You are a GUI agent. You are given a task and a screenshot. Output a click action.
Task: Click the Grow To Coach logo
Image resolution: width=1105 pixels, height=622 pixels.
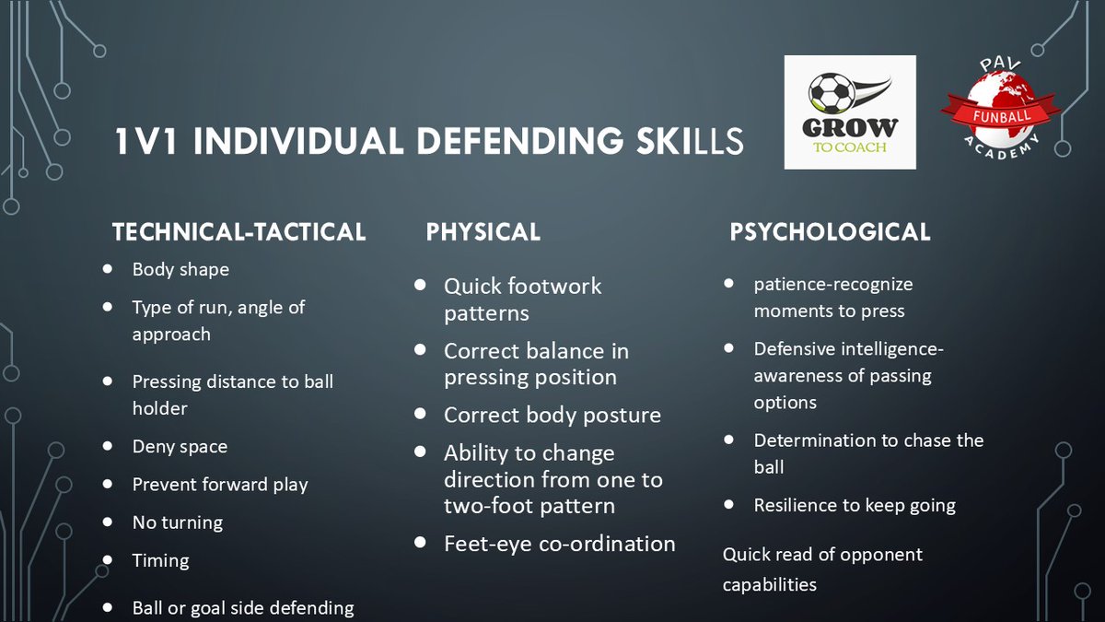[850, 112]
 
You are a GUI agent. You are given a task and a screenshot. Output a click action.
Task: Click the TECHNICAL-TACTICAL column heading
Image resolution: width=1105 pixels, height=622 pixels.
[238, 232]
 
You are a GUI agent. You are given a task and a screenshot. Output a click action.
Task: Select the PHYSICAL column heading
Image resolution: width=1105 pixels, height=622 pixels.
[483, 232]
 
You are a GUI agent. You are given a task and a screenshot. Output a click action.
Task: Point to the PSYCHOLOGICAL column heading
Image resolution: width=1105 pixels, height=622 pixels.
[830, 232]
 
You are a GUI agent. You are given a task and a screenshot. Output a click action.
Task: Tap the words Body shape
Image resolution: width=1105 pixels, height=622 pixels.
[180, 270]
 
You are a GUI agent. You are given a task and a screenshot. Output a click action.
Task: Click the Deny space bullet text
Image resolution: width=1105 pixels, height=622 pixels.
[180, 447]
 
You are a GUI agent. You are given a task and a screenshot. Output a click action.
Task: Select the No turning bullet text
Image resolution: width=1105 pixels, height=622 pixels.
[178, 522]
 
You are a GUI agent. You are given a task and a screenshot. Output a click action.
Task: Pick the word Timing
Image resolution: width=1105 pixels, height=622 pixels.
[160, 560]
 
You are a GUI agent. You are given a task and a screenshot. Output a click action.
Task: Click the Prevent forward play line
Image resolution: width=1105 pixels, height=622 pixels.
[220, 485]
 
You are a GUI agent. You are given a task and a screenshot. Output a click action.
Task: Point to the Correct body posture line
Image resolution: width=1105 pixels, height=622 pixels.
[552, 415]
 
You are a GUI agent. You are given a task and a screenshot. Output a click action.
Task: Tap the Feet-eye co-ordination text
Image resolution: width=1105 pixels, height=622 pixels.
[559, 544]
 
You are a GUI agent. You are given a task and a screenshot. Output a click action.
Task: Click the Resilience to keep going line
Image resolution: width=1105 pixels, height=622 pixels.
[855, 505]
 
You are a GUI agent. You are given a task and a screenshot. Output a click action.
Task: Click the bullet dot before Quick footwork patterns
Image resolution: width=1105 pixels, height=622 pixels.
[421, 285]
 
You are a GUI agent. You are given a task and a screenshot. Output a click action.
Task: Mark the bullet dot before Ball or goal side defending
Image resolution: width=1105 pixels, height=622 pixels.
[109, 607]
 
